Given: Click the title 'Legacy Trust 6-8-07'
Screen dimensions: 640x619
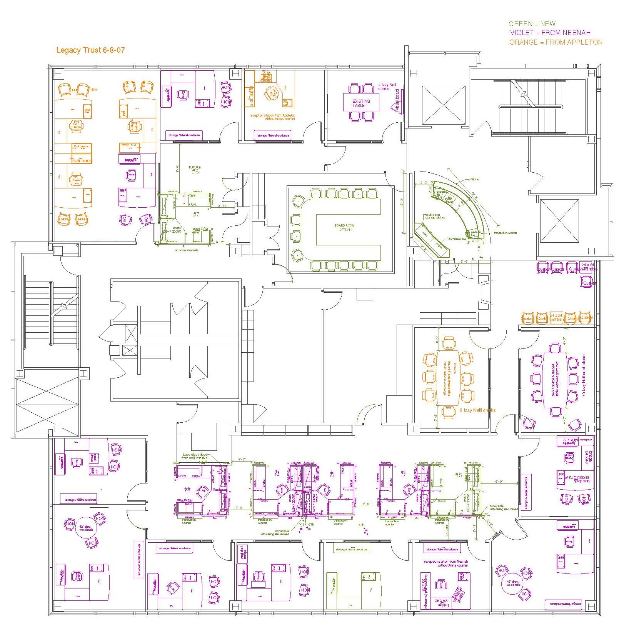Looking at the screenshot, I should [x=90, y=50].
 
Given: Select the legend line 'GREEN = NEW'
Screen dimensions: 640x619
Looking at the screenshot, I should [x=532, y=24].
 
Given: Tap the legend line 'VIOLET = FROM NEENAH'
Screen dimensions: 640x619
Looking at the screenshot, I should [x=550, y=33].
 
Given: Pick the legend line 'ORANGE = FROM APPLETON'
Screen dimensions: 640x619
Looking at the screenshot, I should [x=556, y=42].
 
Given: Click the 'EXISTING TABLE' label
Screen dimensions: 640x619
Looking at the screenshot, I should [x=361, y=103].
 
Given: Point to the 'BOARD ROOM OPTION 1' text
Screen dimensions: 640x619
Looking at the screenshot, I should [x=344, y=227].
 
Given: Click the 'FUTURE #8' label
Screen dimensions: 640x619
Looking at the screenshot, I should [x=195, y=170].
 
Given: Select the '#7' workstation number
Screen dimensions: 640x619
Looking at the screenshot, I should [x=196, y=214].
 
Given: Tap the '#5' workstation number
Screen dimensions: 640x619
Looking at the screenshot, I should [x=458, y=475].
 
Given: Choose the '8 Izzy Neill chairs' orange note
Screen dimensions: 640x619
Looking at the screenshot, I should [x=477, y=410].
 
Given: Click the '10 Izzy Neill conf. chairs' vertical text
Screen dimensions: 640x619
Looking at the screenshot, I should [x=584, y=375].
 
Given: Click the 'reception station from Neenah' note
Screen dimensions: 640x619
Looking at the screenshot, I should [x=445, y=563].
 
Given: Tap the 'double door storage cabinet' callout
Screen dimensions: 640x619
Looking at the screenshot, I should [x=435, y=216].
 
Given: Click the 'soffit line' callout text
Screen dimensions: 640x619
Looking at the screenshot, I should [x=473, y=180].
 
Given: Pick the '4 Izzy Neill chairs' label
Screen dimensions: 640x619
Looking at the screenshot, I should [x=387, y=87].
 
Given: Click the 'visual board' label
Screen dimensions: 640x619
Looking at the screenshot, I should [x=397, y=100].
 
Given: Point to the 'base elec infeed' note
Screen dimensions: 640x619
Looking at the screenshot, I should [x=195, y=456].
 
